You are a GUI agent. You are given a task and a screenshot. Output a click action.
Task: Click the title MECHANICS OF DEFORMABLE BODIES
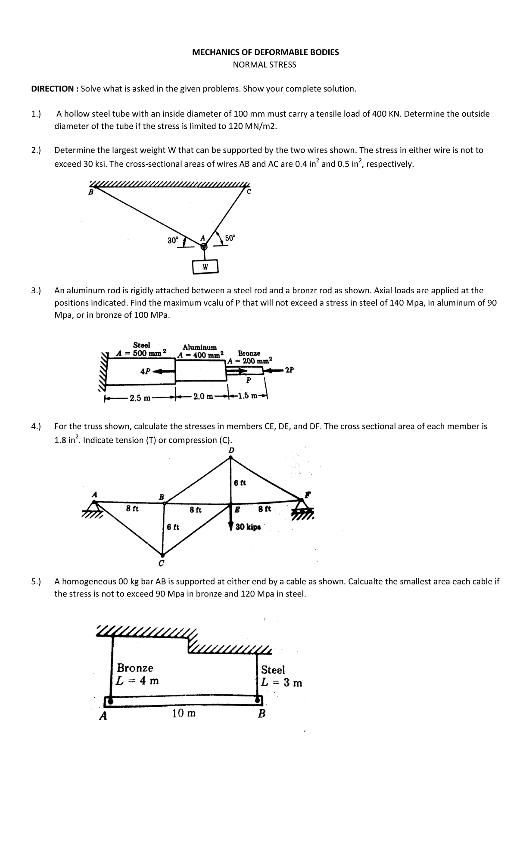[265, 52]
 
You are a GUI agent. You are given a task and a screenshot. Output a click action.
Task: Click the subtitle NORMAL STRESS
[265, 65]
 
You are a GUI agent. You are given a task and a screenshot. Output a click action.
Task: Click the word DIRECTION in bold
[52, 89]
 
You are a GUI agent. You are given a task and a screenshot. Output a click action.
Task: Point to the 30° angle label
[172, 240]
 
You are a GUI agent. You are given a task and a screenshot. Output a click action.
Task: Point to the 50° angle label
[230, 238]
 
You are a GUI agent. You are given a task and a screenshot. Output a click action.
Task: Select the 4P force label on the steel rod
[145, 371]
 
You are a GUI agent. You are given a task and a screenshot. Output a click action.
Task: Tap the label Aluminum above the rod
[199, 347]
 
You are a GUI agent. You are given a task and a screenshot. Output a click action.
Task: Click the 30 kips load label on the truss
[248, 527]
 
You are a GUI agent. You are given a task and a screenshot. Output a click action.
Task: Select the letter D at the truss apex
[231, 450]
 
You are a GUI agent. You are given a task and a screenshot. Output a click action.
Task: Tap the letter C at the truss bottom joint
[161, 563]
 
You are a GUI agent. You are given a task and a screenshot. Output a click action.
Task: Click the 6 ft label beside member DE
[240, 483]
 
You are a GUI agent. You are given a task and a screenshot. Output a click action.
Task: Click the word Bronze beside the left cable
[135, 668]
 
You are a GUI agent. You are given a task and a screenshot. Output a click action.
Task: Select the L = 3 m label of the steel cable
[281, 683]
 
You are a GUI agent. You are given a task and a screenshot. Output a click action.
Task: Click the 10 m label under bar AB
[184, 713]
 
